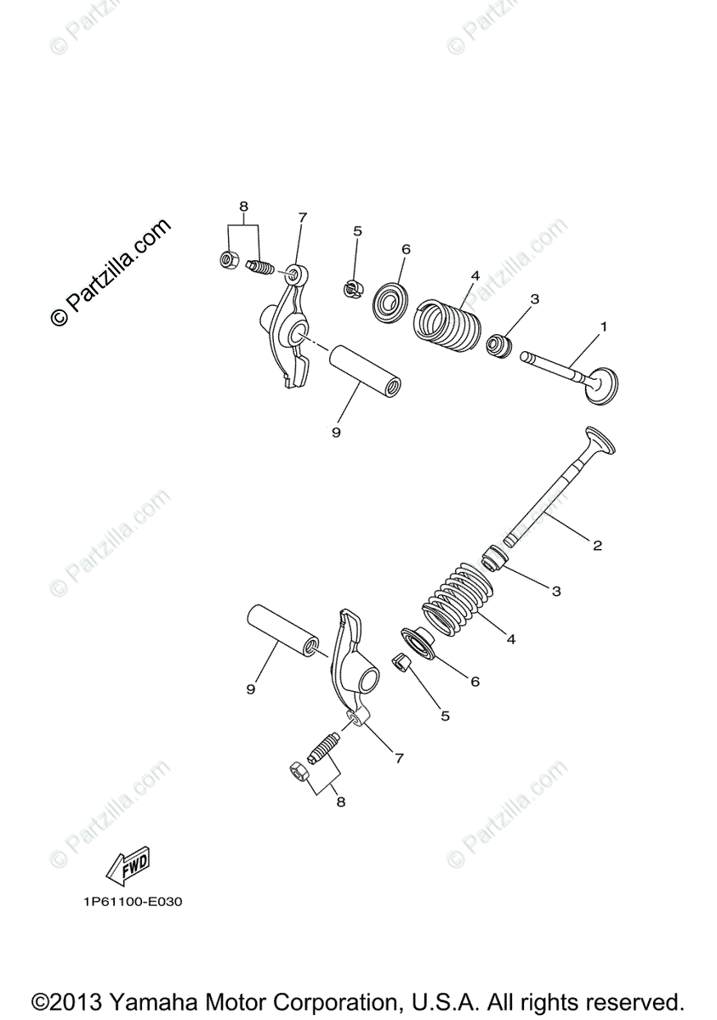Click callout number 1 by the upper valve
point(604,326)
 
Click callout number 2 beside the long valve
point(597,545)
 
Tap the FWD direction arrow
point(127,864)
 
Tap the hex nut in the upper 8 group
point(228,258)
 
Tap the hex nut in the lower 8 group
point(299,773)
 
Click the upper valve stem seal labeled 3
point(499,344)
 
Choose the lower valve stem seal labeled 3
point(494,558)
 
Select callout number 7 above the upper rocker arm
point(302,218)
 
